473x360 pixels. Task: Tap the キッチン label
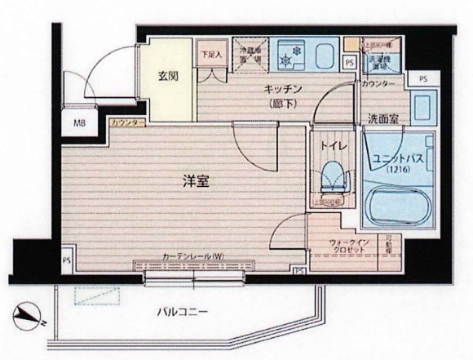[284, 88]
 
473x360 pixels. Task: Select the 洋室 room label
[195, 182]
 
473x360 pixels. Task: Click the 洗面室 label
[382, 118]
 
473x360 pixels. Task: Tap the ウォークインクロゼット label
[351, 247]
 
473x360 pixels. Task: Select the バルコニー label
[183, 312]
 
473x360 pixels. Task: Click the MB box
[80, 125]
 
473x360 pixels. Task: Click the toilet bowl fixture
[333, 176]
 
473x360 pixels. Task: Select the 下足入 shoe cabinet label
[210, 56]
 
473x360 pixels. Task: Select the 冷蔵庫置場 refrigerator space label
[250, 54]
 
